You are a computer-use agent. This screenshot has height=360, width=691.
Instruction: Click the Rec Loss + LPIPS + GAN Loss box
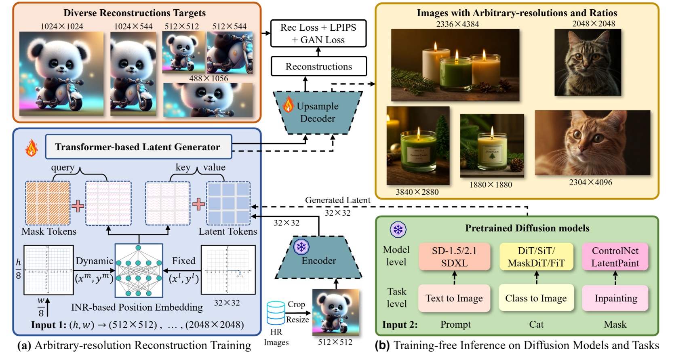tap(318, 34)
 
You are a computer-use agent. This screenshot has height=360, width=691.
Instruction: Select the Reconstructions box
tap(318, 66)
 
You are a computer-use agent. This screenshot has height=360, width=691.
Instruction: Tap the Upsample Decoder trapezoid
tap(318, 112)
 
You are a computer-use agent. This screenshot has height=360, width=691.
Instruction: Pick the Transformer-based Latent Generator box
tap(138, 147)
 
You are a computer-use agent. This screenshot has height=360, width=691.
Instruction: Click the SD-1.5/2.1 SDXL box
tap(454, 257)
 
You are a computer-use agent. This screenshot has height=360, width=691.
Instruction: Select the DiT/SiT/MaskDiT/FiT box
tap(536, 257)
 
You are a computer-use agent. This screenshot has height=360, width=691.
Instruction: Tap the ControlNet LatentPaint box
tap(615, 257)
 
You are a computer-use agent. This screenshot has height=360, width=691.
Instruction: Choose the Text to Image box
tap(454, 298)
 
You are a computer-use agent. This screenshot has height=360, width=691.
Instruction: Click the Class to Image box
tap(536, 298)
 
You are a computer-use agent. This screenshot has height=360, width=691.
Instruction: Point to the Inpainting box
tap(615, 298)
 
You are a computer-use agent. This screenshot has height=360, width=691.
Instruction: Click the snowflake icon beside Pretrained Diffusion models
tap(398, 229)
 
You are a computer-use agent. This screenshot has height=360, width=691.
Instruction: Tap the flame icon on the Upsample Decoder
tap(288, 104)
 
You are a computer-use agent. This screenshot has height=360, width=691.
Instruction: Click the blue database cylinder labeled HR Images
tap(276, 313)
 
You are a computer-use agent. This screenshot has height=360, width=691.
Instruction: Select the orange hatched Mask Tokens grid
tap(48, 203)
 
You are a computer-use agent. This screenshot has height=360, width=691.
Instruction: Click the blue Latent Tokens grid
tap(228, 203)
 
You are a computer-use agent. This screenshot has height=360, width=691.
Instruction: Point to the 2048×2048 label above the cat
tap(593, 23)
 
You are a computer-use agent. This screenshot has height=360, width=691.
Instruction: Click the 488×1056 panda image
tap(208, 100)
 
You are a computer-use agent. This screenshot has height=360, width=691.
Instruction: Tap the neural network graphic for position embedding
tap(139, 270)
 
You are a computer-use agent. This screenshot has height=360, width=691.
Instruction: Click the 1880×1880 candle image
tap(492, 145)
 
